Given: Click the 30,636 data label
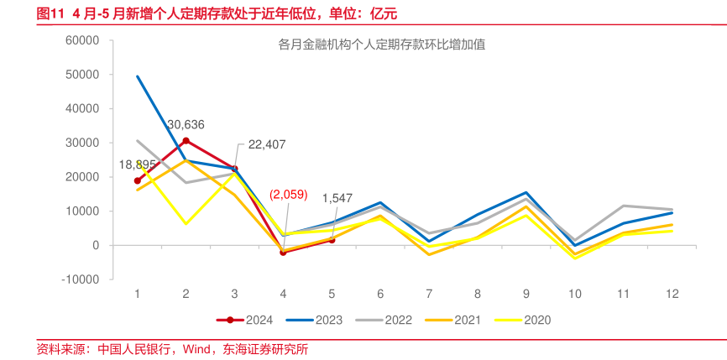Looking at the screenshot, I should pos(186,124).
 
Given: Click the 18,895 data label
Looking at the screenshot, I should pos(137,164).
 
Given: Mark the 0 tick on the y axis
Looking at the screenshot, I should pos(97,245).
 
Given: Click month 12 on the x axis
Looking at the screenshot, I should pos(672,293).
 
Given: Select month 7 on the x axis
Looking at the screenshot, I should pos(429,293).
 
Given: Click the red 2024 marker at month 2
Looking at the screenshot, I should pos(186,140).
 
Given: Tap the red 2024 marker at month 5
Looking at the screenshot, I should pos(332,240).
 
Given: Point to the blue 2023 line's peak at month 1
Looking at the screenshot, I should pos(138,76).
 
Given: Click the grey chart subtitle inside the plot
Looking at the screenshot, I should pos(381,46).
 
